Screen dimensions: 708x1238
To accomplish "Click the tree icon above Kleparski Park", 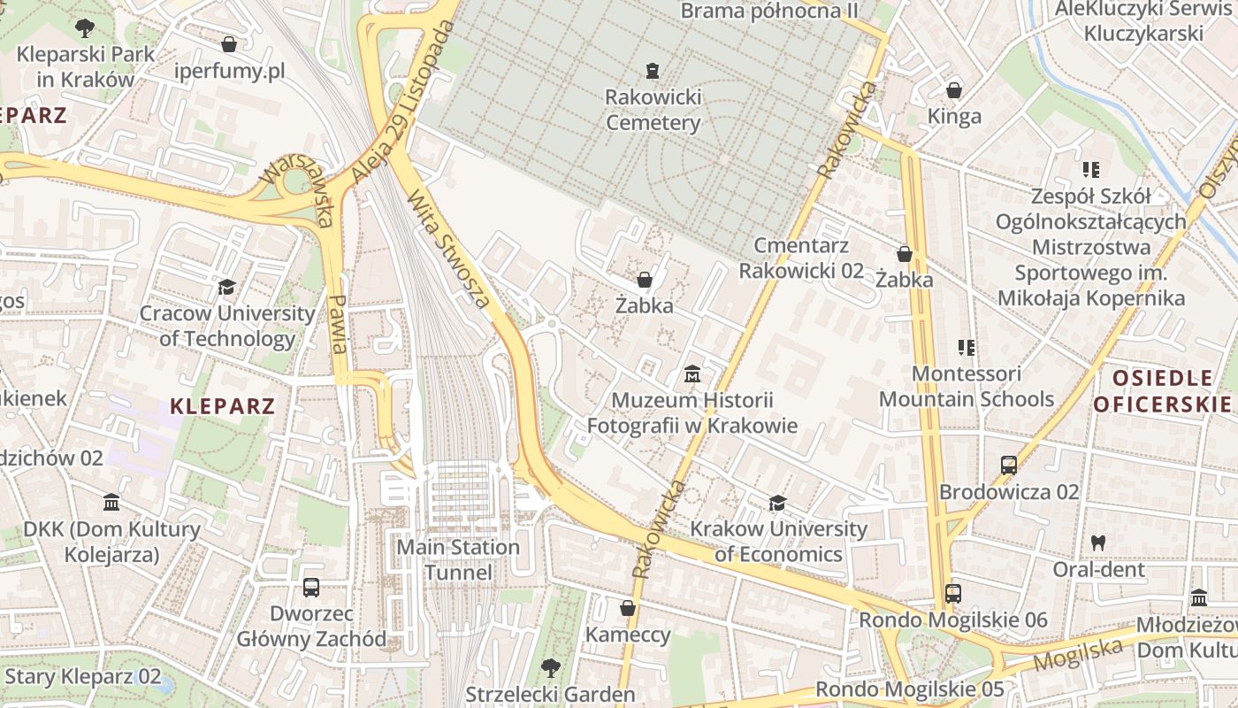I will [x=85, y=27].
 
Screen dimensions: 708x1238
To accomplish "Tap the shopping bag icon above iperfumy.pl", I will [x=229, y=44].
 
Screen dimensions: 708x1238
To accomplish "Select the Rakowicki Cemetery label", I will [x=653, y=109].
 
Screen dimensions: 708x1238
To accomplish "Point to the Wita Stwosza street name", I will [x=448, y=250].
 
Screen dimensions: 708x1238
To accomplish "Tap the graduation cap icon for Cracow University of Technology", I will [x=227, y=288].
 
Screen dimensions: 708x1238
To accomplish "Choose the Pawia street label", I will [x=339, y=325].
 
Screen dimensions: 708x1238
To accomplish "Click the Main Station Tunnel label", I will [x=458, y=559].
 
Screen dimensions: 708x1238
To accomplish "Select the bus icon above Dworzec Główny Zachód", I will [x=311, y=587].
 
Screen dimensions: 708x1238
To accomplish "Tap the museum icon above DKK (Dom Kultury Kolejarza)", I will [x=111, y=503].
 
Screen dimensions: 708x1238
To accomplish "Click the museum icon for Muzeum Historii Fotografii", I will [x=692, y=375].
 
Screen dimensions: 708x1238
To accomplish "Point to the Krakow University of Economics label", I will [x=778, y=541].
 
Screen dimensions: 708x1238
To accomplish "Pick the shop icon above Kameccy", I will [x=628, y=608].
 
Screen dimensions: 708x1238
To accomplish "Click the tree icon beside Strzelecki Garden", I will [x=551, y=667].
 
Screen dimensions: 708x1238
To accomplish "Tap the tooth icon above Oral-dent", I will [x=1098, y=543].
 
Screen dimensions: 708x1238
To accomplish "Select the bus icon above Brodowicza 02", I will [x=1009, y=465].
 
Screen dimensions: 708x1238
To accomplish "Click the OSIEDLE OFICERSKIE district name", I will [x=1162, y=391].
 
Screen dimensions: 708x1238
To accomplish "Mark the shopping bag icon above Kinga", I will [x=954, y=90].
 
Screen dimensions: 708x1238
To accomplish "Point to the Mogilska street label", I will [x=1077, y=655].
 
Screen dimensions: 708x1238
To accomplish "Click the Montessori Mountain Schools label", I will [x=966, y=386].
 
